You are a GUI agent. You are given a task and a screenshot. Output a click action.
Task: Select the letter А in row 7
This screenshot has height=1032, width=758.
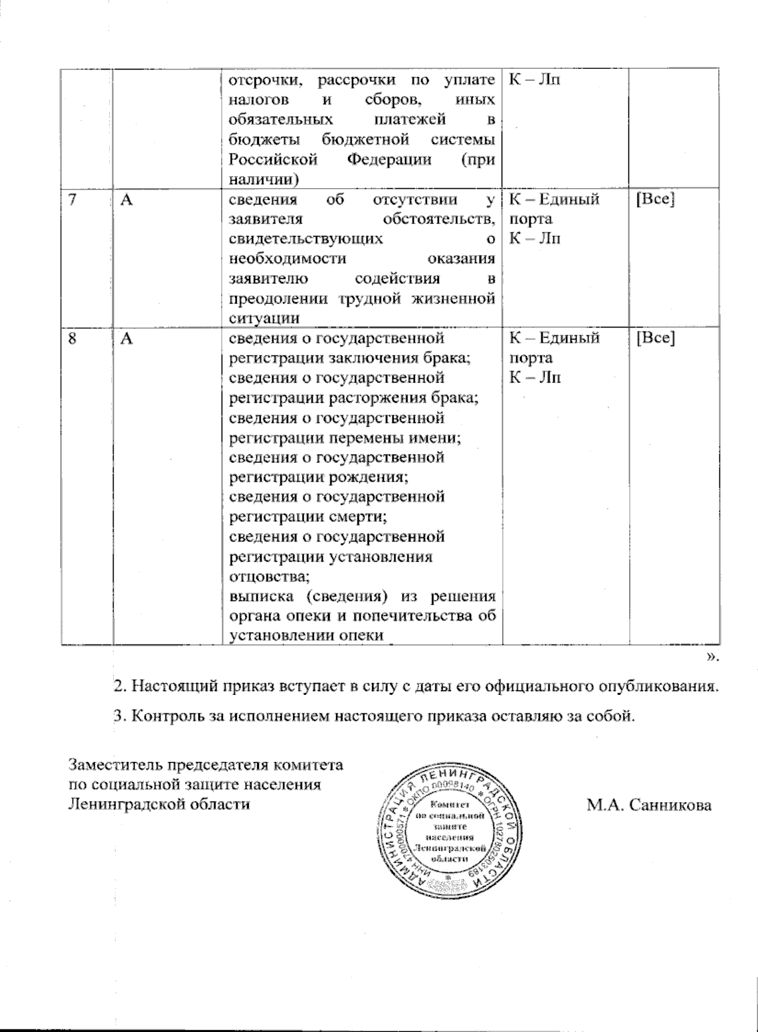click(126, 200)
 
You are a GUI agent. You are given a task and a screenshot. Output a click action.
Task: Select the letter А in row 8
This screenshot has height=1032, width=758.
click(126, 338)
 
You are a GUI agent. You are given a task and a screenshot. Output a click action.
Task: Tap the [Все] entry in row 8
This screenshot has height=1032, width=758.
click(655, 338)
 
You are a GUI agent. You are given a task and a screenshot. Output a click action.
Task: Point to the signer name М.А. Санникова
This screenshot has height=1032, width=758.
click(649, 805)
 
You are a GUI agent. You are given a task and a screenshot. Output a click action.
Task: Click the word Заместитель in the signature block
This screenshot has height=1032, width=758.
click(115, 765)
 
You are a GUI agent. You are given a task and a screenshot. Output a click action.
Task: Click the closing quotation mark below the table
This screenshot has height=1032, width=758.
click(713, 658)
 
